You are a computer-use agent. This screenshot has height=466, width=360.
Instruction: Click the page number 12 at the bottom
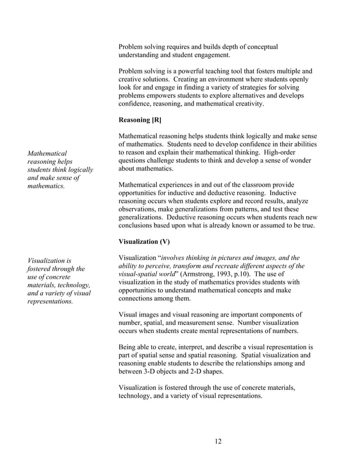click(x=218, y=441)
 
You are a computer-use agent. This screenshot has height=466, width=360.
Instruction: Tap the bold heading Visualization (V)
click(x=144, y=241)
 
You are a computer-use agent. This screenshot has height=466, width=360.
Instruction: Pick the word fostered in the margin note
click(x=40, y=269)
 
